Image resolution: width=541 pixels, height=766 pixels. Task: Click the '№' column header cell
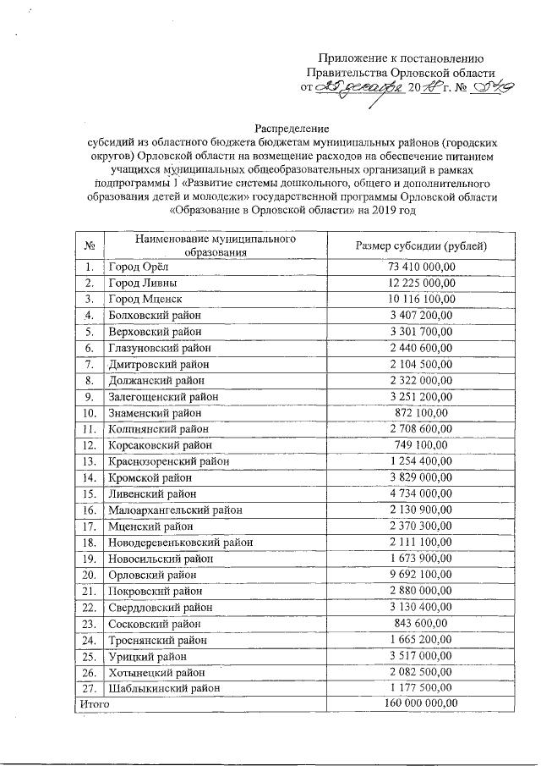click(89, 245)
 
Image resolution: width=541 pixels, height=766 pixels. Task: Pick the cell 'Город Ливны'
click(139, 284)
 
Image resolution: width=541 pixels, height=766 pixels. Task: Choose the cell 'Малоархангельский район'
click(175, 510)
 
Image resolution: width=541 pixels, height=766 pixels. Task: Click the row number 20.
click(89, 575)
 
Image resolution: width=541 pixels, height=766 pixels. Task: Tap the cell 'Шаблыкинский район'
click(161, 688)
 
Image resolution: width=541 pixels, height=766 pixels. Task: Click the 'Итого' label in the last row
click(94, 704)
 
